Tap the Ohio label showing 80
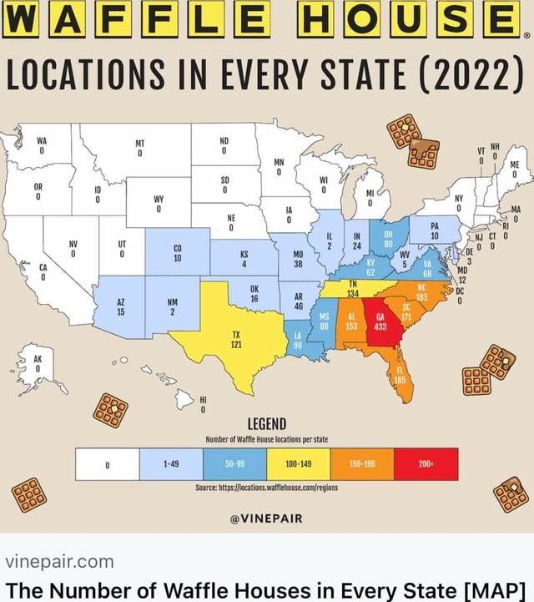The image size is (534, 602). tap(388, 239)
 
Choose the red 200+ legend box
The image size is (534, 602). tap(426, 463)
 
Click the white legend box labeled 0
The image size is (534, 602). tap(107, 463)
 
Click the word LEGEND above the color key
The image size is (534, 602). tap(267, 424)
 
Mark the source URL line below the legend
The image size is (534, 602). tap(267, 489)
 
